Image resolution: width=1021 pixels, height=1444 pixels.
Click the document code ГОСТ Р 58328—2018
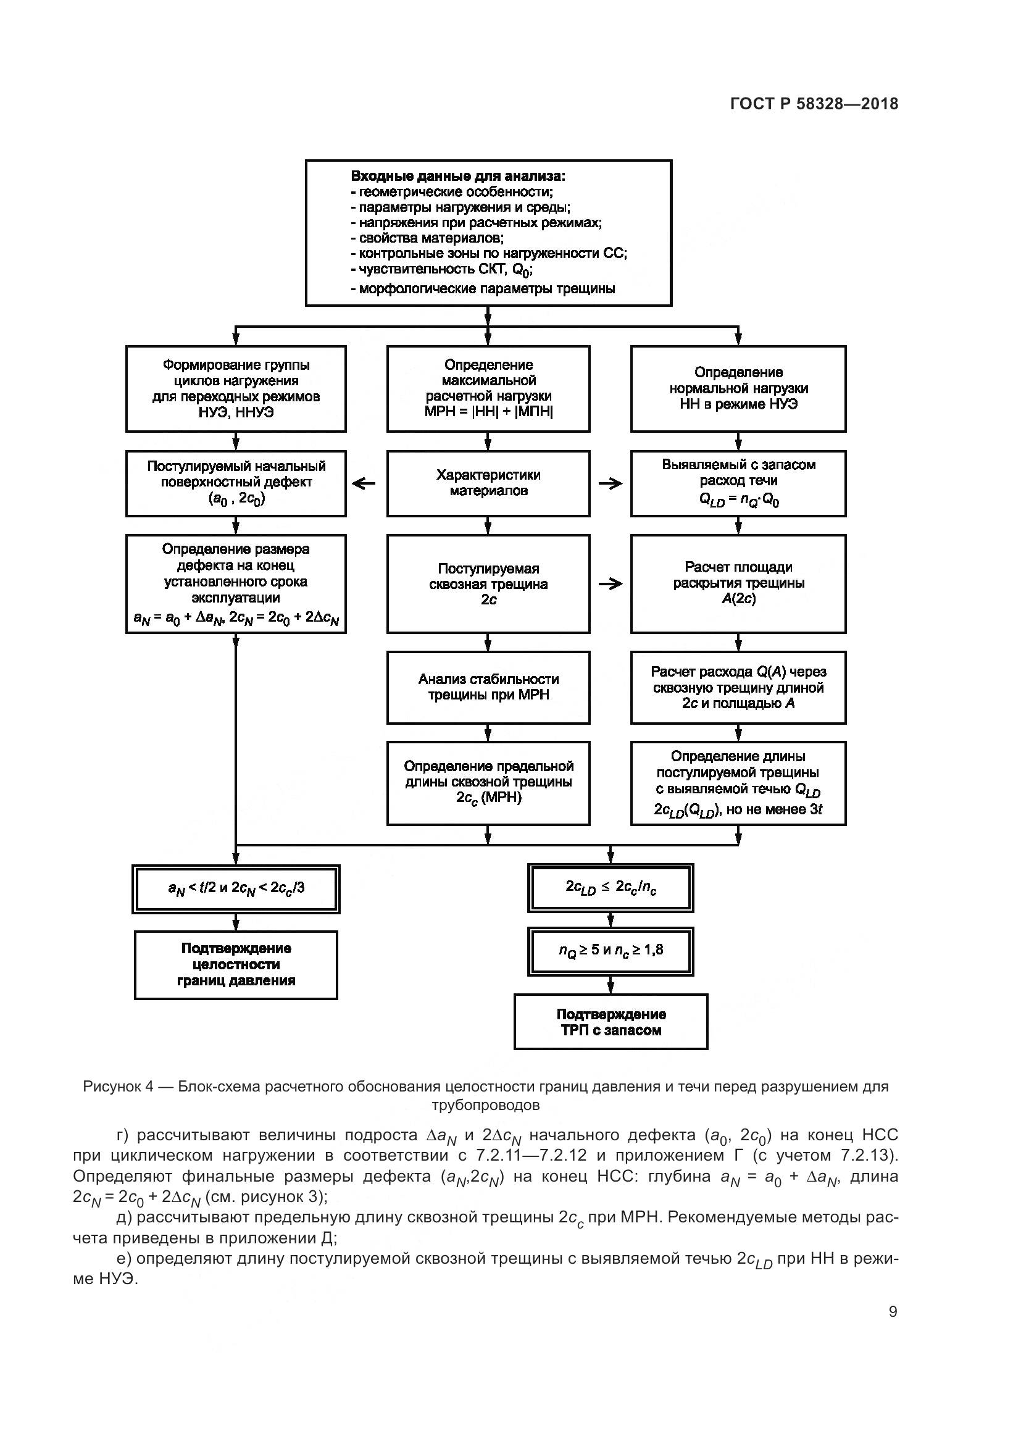click(x=814, y=104)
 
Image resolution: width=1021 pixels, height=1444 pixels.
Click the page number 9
click(x=893, y=1311)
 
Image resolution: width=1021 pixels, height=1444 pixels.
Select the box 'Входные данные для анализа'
click(x=488, y=233)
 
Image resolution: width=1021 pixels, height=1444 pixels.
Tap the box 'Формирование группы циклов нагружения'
click(x=236, y=389)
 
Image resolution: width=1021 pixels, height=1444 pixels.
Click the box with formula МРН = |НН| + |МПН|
click(x=488, y=389)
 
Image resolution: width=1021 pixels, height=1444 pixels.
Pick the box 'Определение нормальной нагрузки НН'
click(x=738, y=389)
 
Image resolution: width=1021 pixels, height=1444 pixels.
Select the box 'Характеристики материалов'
click(x=488, y=483)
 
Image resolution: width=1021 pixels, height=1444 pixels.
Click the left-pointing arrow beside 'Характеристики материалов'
click(x=364, y=483)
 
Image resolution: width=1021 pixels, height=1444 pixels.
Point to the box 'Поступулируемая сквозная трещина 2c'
click(x=488, y=583)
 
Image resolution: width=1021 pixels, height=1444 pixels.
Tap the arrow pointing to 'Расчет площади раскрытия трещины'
click(x=610, y=583)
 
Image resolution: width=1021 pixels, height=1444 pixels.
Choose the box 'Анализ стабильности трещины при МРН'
click(x=488, y=687)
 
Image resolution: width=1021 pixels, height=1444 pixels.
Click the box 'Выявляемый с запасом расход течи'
click(x=738, y=483)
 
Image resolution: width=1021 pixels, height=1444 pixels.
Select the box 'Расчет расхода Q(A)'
click(x=738, y=687)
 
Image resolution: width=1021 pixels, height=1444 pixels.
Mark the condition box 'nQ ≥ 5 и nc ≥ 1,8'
click(x=611, y=951)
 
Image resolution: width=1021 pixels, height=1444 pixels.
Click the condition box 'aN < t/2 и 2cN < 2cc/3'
click(x=236, y=888)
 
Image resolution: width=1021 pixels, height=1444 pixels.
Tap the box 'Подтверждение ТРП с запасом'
click(x=611, y=1021)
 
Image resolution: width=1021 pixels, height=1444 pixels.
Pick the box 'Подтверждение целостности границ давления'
click(x=236, y=965)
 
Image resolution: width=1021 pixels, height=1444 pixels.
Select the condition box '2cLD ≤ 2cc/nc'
click(x=611, y=887)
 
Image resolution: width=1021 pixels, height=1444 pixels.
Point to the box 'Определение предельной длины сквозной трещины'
click(x=488, y=782)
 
